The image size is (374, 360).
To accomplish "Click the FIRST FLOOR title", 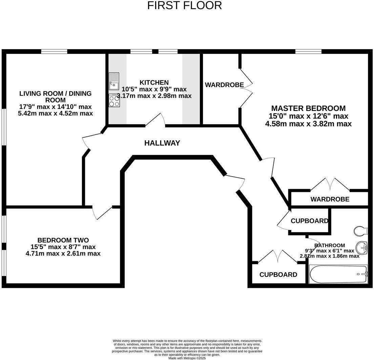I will (185, 5).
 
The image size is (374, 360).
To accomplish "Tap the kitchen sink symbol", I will (114, 81).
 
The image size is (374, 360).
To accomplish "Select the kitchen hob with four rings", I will (114, 101).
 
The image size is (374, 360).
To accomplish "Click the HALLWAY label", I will (162, 143).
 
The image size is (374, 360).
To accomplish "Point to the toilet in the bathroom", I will (361, 231).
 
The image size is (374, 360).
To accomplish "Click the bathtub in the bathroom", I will (338, 274).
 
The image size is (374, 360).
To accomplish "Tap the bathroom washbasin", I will (362, 248).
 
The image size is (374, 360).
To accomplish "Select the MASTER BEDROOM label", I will (308, 109).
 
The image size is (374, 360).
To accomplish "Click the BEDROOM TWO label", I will (63, 240).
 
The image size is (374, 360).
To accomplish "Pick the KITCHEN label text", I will (154, 83).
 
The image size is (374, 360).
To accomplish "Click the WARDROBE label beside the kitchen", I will (224, 85).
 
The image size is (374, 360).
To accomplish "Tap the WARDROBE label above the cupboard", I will (330, 199).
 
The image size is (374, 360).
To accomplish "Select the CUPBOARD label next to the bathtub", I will (278, 275).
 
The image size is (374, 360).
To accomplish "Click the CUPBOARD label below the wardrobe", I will (309, 221).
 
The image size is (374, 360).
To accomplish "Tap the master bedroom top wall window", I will (308, 51).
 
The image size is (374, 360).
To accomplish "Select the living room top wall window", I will (54, 51).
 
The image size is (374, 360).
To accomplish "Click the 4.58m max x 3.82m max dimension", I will (308, 124).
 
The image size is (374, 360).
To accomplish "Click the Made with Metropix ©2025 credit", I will (187, 358).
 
